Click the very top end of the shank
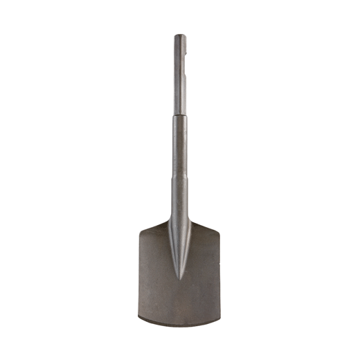coord(179,35)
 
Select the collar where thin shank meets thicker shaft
coord(179,114)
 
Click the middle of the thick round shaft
coord(179,149)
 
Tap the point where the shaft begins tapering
coord(179,181)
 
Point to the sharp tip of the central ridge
coord(179,280)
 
